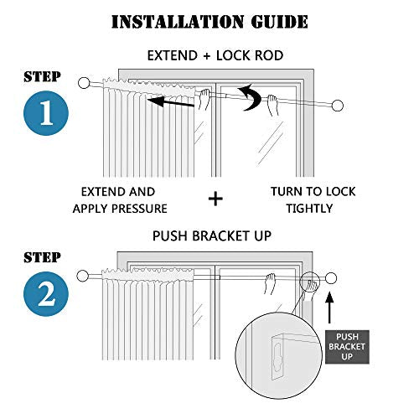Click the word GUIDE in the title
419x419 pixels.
click(x=279, y=22)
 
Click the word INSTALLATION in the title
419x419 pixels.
click(x=178, y=22)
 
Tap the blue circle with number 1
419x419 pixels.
click(x=46, y=113)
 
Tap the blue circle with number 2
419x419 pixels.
click(x=46, y=294)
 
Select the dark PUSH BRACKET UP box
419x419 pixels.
click(x=347, y=347)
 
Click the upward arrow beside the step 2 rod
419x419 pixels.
click(x=330, y=308)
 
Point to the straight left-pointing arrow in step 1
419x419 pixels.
click(x=171, y=101)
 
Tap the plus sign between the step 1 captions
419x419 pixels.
click(x=215, y=199)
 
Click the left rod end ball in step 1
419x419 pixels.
click(x=84, y=83)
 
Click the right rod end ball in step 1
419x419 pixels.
click(x=338, y=106)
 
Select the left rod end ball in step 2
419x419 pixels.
click(x=82, y=276)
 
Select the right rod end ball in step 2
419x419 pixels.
click(x=331, y=278)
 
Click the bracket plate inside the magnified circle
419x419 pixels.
click(x=277, y=359)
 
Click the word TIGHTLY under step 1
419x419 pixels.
click(x=309, y=209)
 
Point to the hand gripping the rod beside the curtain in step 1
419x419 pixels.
click(x=204, y=100)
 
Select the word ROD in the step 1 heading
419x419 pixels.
click(x=269, y=55)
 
